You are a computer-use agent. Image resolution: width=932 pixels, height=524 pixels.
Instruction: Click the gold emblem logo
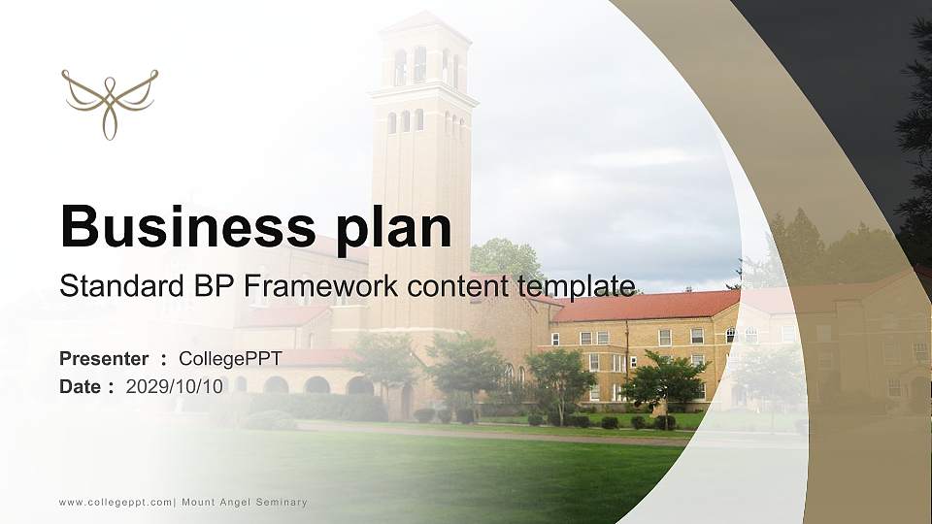tap(110, 102)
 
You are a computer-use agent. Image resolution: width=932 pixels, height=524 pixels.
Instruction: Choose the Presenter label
tap(104, 359)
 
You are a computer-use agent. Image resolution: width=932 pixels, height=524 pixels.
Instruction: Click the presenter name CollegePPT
tap(230, 359)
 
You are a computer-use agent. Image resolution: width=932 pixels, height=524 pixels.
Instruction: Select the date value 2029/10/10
tap(175, 387)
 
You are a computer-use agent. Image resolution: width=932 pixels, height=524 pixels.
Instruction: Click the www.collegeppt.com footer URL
tap(116, 502)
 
